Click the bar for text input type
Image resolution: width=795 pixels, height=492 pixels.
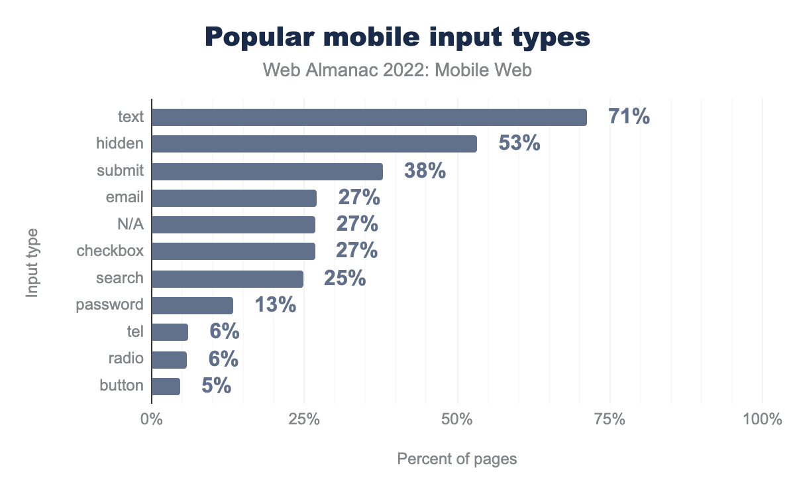(369, 117)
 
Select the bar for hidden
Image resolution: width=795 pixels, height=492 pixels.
(314, 144)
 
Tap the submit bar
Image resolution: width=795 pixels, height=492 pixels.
(267, 171)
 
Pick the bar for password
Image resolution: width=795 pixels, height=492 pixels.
(192, 305)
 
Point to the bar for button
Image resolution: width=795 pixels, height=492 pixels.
(166, 386)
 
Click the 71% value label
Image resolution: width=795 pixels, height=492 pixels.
(629, 117)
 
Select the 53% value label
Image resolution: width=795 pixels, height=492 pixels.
(519, 143)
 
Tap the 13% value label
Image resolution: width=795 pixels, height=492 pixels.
(275, 305)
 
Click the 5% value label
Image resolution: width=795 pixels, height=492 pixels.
(216, 386)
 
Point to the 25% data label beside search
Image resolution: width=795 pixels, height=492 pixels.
(344, 278)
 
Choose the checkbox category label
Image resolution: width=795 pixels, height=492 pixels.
(110, 251)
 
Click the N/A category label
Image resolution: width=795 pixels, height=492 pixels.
(130, 225)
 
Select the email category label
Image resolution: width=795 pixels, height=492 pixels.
(125, 198)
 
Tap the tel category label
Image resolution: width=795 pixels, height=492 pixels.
(135, 332)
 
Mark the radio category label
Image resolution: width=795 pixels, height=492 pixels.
(126, 359)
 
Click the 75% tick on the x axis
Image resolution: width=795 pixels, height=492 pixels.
(609, 420)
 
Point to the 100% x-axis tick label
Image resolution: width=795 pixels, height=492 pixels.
(763, 420)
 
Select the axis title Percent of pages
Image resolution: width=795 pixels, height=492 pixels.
(456, 459)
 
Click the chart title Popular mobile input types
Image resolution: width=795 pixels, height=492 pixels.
(397, 37)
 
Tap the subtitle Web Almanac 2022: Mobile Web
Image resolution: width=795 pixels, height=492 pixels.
(397, 70)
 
